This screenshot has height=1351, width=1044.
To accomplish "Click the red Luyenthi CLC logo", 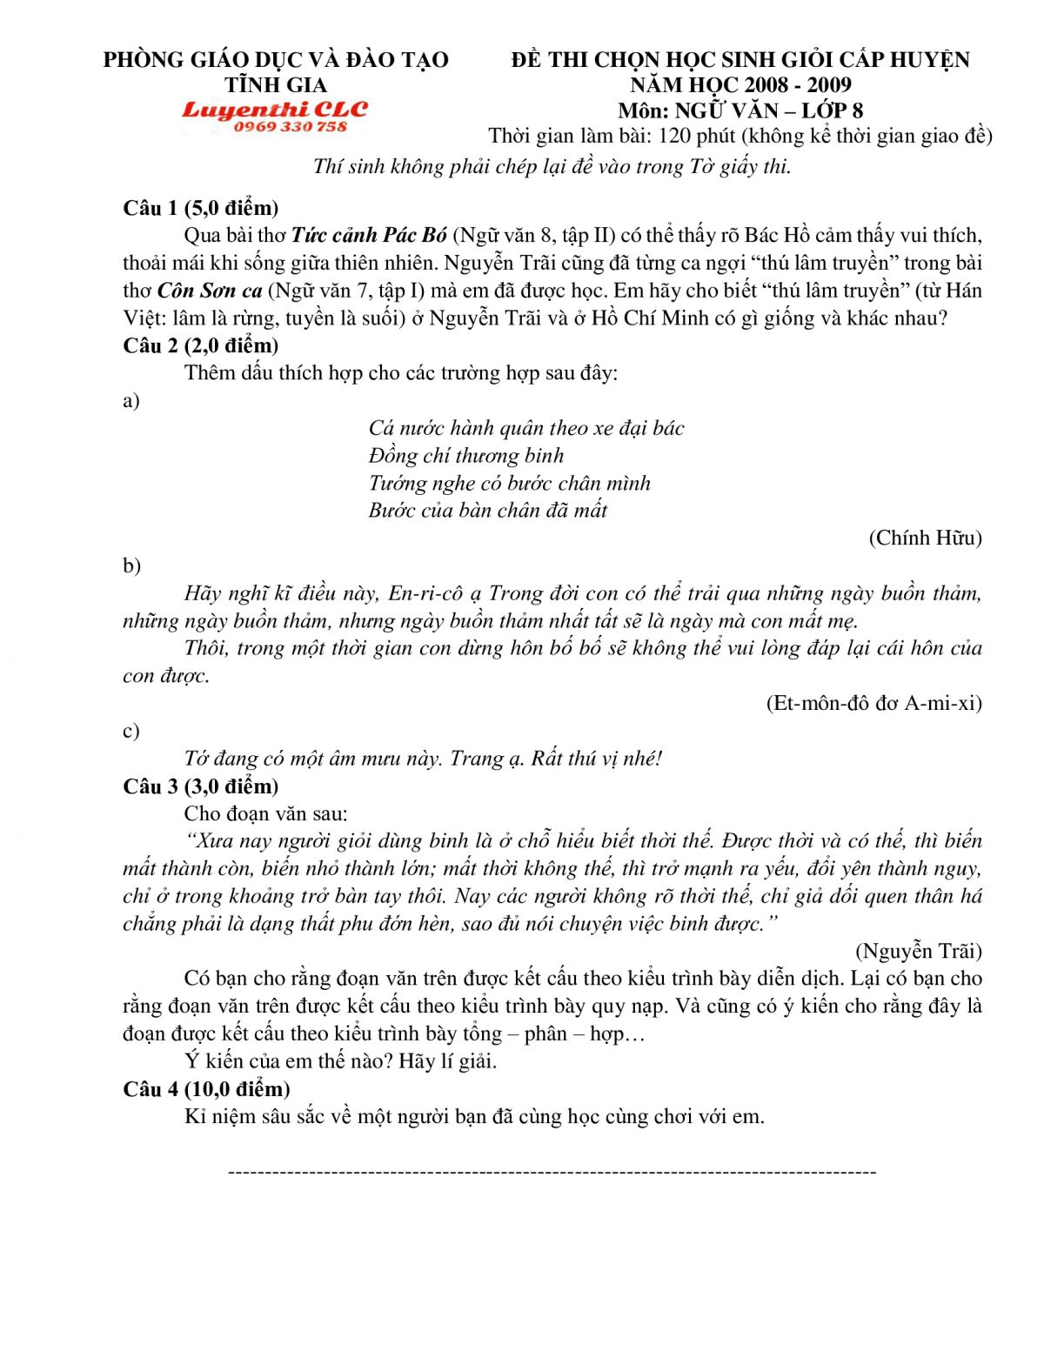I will tap(275, 110).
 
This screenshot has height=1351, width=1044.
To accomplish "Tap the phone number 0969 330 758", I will tap(290, 127).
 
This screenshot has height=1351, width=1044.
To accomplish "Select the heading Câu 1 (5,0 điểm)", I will tap(201, 208).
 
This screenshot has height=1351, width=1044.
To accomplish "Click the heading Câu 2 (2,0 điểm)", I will tap(201, 345).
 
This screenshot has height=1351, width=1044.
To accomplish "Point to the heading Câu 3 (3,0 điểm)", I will tap(201, 786).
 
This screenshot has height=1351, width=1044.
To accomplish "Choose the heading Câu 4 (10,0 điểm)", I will tap(206, 1089).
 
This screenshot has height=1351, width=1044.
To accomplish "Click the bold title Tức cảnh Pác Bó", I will tap(369, 235).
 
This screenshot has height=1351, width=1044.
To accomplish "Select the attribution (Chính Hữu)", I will tap(925, 538).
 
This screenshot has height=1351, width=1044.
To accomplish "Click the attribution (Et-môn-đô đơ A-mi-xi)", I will tap(873, 703).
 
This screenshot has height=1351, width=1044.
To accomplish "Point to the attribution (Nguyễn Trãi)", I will tap(919, 951).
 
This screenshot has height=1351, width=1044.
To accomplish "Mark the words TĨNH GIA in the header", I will tap(276, 85).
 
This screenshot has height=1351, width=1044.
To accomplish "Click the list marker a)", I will tap(131, 401).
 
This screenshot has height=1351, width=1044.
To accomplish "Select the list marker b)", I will tap(131, 566).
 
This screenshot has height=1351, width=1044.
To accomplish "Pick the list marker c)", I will tap(131, 732).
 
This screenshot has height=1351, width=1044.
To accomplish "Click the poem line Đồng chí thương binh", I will tap(466, 456).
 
